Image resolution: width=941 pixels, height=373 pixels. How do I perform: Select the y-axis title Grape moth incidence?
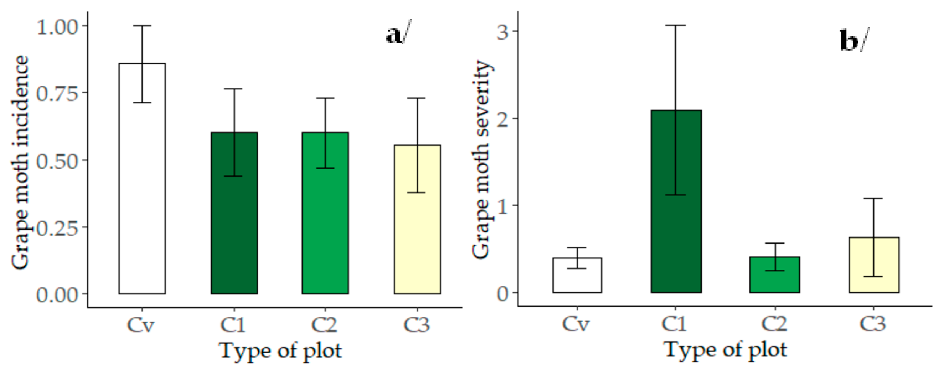coord(20,163)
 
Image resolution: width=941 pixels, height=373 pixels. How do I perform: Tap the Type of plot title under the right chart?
coord(725,350)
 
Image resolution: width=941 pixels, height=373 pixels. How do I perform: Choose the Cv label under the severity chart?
coord(576,323)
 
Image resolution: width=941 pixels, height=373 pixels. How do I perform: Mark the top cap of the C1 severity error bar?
coord(675,25)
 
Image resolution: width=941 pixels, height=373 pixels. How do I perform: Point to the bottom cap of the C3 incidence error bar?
coord(417,193)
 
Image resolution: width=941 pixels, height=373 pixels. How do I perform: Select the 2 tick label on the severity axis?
coord(503,119)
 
